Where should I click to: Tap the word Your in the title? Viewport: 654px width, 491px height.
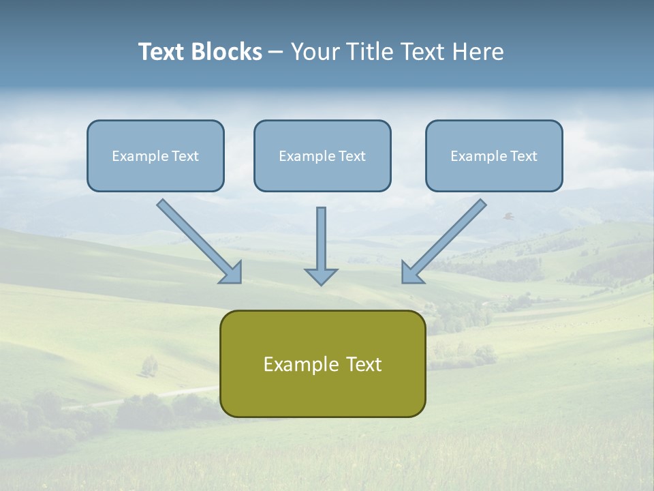(316, 52)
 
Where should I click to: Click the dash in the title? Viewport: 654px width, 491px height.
(276, 53)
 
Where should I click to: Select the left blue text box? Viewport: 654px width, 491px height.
(155, 155)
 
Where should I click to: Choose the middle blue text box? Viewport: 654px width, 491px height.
(322, 155)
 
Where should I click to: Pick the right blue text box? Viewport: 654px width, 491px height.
(494, 155)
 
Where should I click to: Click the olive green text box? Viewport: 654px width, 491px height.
(322, 363)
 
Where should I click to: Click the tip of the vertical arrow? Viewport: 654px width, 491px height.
(322, 284)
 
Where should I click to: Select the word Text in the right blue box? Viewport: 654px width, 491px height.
(523, 156)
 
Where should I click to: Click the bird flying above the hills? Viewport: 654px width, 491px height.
(508, 216)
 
